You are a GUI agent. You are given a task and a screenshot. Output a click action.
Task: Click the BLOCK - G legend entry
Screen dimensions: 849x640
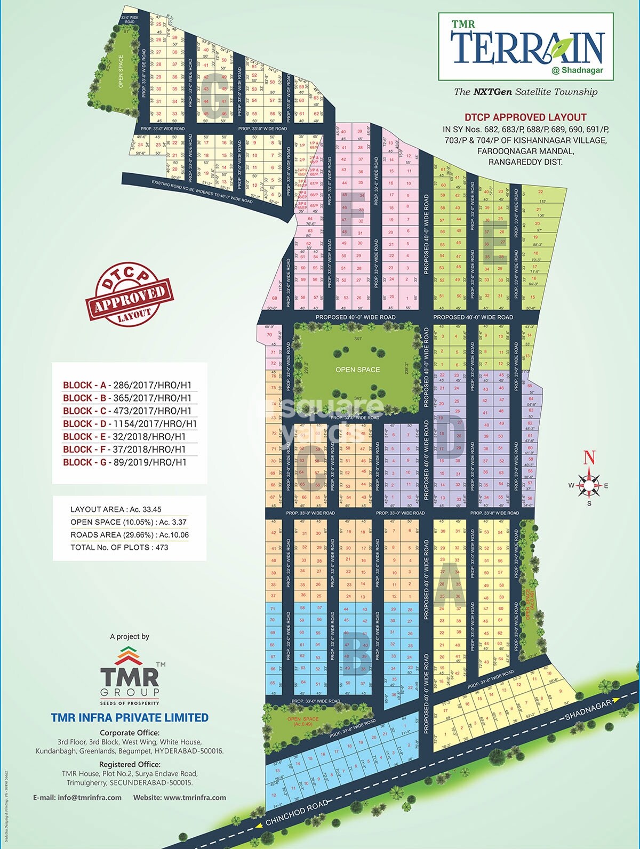[x=125, y=462]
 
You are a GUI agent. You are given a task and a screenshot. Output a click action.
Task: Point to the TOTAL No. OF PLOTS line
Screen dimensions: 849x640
[x=119, y=547]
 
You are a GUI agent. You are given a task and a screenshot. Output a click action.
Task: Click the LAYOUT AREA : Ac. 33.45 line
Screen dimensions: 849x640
[x=116, y=509]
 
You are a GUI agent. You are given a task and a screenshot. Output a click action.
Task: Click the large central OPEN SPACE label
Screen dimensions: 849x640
[x=357, y=370]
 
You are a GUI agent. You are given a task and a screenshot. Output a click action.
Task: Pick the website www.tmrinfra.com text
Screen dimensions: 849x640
[x=180, y=798]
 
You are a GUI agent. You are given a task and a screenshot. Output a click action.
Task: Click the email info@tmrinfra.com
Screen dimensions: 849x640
[x=77, y=798]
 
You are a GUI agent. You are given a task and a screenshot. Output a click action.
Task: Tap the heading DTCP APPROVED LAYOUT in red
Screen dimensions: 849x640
[x=525, y=117]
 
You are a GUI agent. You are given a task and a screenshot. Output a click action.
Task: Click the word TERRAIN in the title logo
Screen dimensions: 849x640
[x=527, y=48]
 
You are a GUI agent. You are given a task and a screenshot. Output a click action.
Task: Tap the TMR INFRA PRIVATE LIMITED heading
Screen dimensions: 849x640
[x=130, y=718]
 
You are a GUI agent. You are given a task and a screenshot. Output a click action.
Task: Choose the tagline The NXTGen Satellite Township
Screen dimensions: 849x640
[x=525, y=92]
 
